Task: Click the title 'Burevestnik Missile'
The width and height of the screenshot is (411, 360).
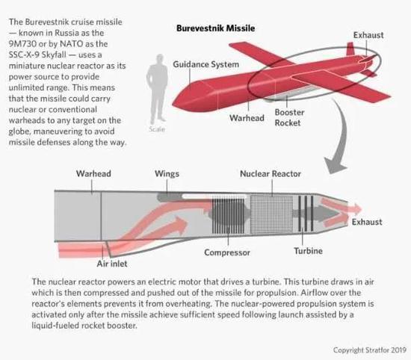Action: pyautogui.click(x=215, y=28)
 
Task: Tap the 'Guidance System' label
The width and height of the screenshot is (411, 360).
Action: pyautogui.click(x=206, y=64)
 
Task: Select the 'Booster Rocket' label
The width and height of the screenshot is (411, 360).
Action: pyautogui.click(x=289, y=117)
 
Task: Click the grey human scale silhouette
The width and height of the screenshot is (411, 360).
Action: pyautogui.click(x=158, y=90)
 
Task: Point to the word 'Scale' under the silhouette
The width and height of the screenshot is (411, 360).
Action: pyautogui.click(x=157, y=129)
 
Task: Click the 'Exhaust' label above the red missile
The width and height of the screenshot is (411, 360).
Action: pyautogui.click(x=368, y=35)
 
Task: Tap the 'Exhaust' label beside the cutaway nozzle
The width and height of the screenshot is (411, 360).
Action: pyautogui.click(x=367, y=222)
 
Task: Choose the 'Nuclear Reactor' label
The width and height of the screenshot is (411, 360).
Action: pyautogui.click(x=271, y=174)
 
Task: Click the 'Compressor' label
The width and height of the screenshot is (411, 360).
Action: pyautogui.click(x=227, y=252)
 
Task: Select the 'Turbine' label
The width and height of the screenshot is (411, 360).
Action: pyautogui.click(x=308, y=251)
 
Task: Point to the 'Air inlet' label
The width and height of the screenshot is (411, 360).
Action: pyautogui.click(x=112, y=264)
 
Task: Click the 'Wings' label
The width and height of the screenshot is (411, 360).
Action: pyautogui.click(x=167, y=174)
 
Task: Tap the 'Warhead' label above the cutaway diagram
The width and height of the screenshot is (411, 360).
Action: pyautogui.click(x=93, y=173)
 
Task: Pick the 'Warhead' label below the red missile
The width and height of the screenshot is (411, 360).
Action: pyautogui.click(x=247, y=118)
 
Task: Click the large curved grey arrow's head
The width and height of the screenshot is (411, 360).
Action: pyautogui.click(x=335, y=164)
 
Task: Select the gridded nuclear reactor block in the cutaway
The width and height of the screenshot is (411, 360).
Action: pyautogui.click(x=271, y=214)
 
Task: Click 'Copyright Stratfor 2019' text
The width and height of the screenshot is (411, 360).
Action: pyautogui.click(x=370, y=350)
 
